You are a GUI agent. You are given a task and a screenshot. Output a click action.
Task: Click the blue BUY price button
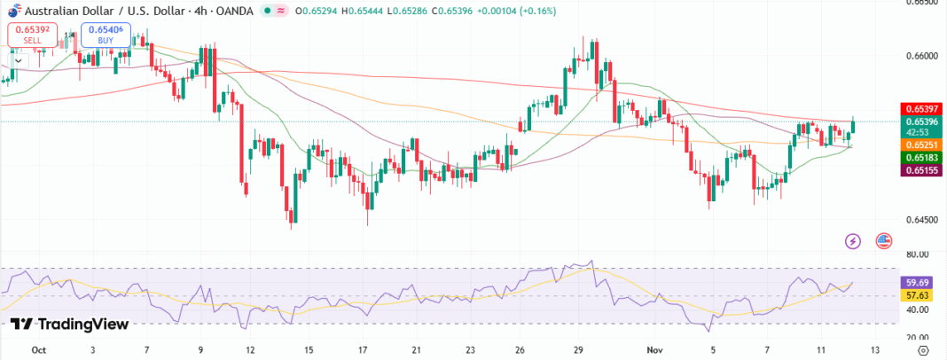pyautogui.click(x=106, y=35)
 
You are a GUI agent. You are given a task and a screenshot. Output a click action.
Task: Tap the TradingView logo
pyautogui.click(x=70, y=325)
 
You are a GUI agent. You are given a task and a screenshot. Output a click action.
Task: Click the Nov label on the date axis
pyautogui.click(x=654, y=350)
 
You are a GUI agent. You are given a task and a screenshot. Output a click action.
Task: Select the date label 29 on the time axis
pyautogui.click(x=577, y=350)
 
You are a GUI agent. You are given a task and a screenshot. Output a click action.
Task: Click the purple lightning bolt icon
pyautogui.click(x=853, y=240)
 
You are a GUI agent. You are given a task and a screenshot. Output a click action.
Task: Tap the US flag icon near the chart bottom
pyautogui.click(x=883, y=240)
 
